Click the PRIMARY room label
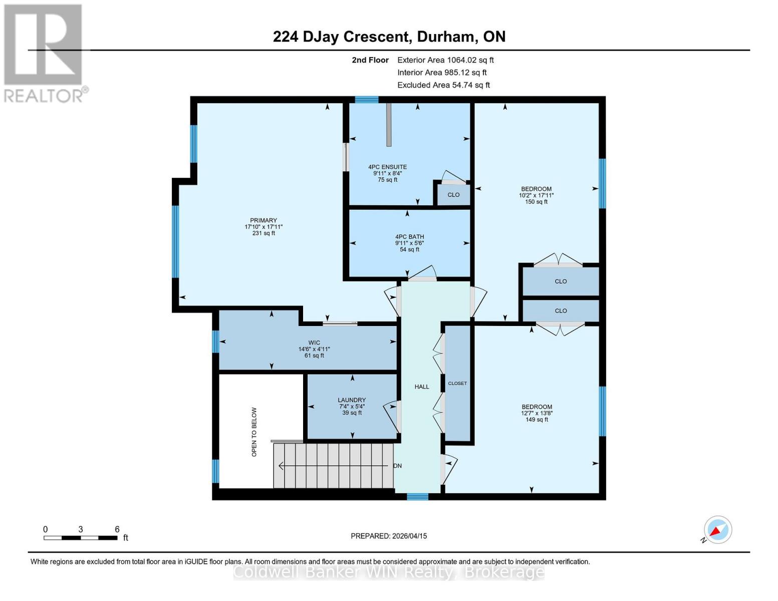(x=264, y=220)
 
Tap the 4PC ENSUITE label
(x=387, y=167)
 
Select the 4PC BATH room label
(x=409, y=237)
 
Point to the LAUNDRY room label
(x=352, y=400)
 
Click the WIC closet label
(x=314, y=343)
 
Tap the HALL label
(x=422, y=387)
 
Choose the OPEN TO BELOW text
(x=254, y=432)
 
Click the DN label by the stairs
(x=397, y=466)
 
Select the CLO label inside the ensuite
(x=453, y=195)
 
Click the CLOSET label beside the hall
(x=457, y=384)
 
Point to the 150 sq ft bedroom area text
(x=536, y=202)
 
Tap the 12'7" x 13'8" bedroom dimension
(x=537, y=413)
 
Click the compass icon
(x=717, y=530)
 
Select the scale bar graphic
(x=80, y=538)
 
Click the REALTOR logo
(x=44, y=53)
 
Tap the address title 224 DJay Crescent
(x=389, y=37)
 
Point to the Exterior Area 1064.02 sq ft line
(x=445, y=60)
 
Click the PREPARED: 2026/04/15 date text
(x=389, y=536)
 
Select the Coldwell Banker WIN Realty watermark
(x=389, y=572)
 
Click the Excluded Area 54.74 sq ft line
(x=443, y=85)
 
